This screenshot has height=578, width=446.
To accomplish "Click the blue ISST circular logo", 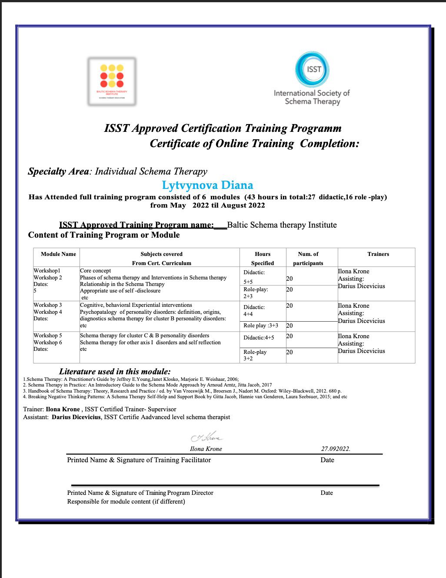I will click(x=312, y=70).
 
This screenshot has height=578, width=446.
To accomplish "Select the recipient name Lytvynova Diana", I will click(x=207, y=185).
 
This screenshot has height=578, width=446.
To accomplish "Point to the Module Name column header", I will click(x=58, y=254).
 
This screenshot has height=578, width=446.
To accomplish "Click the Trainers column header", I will click(x=378, y=254).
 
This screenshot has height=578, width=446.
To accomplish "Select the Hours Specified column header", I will click(x=263, y=259).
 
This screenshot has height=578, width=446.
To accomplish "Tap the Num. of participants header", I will click(x=308, y=259).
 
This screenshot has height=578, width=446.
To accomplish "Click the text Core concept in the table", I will click(x=95, y=271).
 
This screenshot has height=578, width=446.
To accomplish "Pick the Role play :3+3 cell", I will click(x=261, y=326).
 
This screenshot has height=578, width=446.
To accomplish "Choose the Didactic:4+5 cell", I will click(x=259, y=337).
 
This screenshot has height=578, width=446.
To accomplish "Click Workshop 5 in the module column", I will click(x=48, y=336).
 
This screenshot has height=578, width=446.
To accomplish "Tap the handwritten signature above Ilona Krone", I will click(x=206, y=437).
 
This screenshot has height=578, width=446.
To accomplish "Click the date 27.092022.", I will click(x=336, y=449).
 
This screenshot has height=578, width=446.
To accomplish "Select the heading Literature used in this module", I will click(x=115, y=372).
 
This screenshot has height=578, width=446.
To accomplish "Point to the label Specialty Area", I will click(x=58, y=171).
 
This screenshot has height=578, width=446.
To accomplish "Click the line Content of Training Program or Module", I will click(x=104, y=235).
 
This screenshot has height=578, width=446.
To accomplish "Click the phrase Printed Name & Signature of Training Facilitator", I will click(x=139, y=460).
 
